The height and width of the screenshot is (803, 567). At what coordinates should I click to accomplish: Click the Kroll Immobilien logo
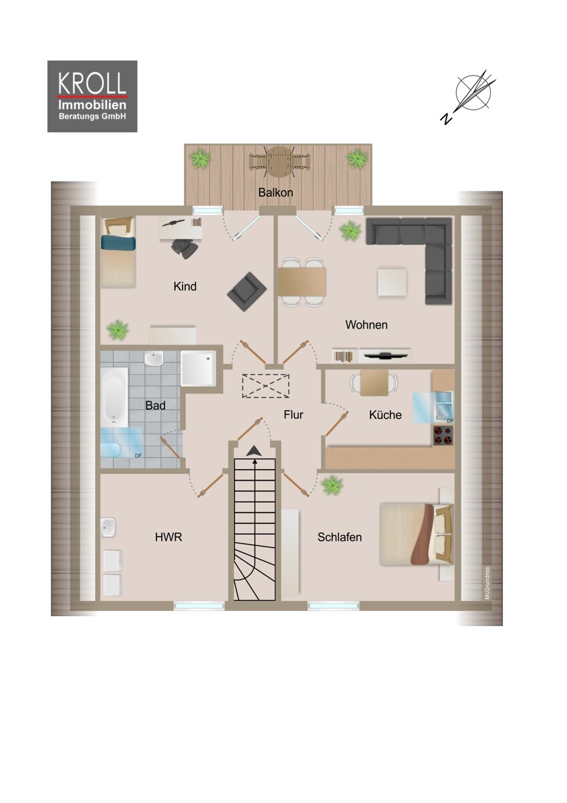click(92, 96)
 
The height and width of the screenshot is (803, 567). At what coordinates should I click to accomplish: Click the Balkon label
click(275, 192)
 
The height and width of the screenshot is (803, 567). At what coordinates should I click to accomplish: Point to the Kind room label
click(185, 286)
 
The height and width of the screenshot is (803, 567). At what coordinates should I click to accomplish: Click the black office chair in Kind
click(185, 247)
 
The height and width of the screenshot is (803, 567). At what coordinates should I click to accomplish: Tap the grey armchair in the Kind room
click(246, 291)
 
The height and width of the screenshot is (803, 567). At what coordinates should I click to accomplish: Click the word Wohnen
click(366, 325)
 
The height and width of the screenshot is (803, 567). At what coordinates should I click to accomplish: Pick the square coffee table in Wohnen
click(392, 282)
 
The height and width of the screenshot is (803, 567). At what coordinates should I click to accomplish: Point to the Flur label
click(293, 415)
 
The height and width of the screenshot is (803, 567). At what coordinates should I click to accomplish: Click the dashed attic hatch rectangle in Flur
click(265, 386)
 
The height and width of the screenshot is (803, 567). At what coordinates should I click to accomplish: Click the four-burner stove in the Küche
click(443, 436)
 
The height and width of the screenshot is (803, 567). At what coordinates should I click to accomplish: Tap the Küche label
click(385, 415)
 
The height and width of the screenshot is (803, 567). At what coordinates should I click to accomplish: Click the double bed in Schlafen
click(413, 533)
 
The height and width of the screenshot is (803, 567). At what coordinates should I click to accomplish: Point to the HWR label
click(168, 537)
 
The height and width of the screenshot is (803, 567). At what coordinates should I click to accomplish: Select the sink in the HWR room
click(109, 528)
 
